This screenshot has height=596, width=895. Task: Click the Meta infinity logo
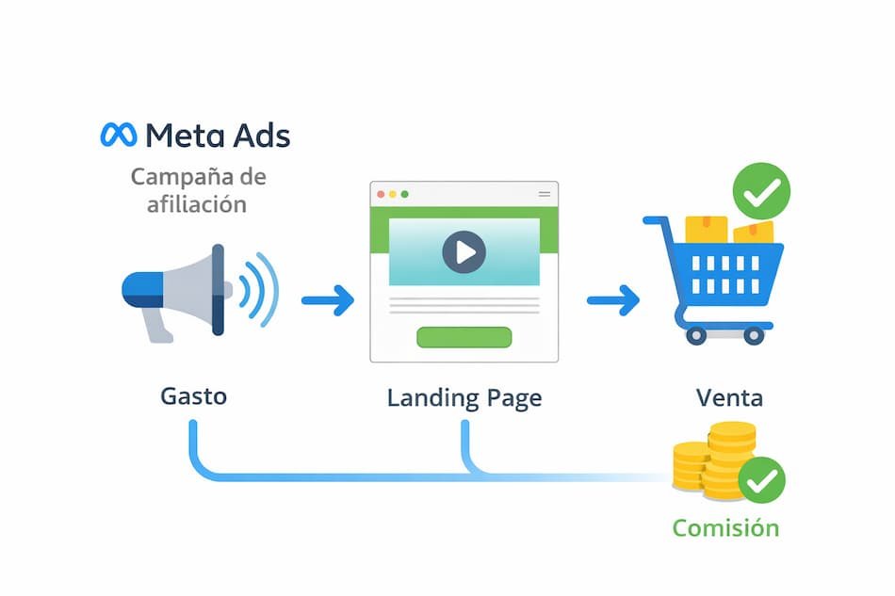point(119,135)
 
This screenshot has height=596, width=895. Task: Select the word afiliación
point(197,203)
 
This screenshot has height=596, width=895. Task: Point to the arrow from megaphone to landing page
point(328,301)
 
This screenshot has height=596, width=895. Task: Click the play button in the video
point(464,251)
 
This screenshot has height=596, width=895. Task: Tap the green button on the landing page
point(464,337)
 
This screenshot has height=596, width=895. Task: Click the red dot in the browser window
point(382,194)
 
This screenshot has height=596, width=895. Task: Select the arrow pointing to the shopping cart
point(612,301)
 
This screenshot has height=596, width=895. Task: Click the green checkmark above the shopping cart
point(761,191)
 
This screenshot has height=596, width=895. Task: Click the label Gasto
point(193,395)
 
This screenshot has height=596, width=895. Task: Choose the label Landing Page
point(464,397)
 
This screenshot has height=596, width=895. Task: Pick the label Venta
point(729,397)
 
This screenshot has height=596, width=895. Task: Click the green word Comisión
point(725,527)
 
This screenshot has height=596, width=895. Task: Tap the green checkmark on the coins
point(761,481)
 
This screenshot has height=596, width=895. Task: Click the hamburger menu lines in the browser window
point(544,194)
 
